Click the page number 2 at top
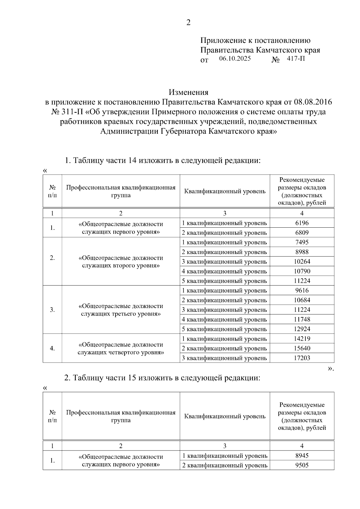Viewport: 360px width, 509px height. click(188, 23)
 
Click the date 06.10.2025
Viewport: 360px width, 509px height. click(235, 59)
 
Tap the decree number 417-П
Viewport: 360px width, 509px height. click(296, 59)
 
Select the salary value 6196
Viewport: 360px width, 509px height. click(302, 223)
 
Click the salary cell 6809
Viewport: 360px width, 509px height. click(302, 233)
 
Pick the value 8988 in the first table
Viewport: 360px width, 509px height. click(302, 252)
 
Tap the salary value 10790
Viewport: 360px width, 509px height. click(302, 271)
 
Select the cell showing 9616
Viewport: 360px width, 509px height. click(302, 290)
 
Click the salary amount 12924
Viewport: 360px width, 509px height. click(302, 329)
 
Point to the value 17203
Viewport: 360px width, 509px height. click(302, 358)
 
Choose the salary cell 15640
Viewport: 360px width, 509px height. click(302, 348)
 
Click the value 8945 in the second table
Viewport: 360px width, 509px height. click(302, 456)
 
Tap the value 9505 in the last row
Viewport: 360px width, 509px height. click(302, 465)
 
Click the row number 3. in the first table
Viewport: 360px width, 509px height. click(52, 310)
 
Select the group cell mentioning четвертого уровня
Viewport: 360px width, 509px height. click(121, 348)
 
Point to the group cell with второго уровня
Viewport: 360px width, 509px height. click(121, 262)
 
